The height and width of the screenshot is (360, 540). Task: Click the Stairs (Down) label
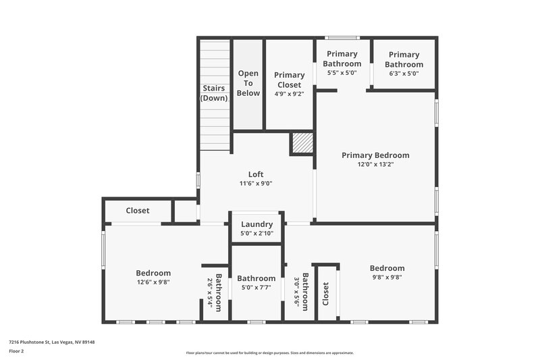(x=214, y=93)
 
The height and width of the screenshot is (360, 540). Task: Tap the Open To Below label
(x=248, y=83)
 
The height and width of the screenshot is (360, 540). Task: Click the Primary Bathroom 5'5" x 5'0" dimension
(x=342, y=73)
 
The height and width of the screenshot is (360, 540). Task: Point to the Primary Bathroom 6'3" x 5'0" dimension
(x=404, y=74)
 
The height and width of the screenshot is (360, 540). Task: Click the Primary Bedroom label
(x=375, y=155)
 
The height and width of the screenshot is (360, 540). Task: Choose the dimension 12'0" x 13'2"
(x=375, y=164)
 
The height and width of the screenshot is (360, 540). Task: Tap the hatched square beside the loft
(x=302, y=144)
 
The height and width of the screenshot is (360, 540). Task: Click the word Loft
(x=256, y=174)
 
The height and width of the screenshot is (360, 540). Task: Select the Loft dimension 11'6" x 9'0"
(x=256, y=183)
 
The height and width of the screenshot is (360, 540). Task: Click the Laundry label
(x=256, y=224)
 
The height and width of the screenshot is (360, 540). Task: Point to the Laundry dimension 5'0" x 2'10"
(x=256, y=234)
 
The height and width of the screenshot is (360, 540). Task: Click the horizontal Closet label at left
(x=138, y=211)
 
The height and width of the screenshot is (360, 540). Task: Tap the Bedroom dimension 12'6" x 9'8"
(x=153, y=282)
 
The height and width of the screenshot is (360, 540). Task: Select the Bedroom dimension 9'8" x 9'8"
(x=387, y=277)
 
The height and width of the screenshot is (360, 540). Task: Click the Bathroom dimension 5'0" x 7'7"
(x=256, y=288)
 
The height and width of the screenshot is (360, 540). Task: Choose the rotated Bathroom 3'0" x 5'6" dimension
(x=296, y=290)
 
